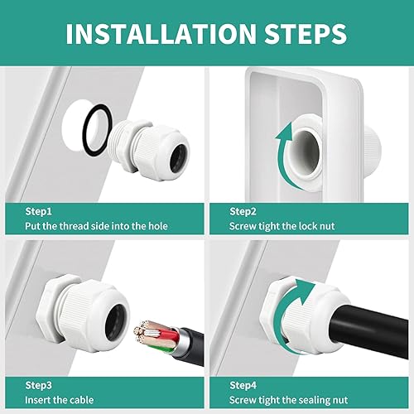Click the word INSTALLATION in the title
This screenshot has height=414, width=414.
tap(161, 34)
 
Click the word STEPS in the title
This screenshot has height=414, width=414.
tap(306, 34)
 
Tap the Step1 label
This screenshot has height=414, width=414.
tap(38, 212)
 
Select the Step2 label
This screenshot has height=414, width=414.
tap(243, 212)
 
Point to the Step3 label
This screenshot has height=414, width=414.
tap(38, 385)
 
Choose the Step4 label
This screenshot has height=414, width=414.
tap(243, 385)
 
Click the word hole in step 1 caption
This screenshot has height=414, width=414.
tap(158, 226)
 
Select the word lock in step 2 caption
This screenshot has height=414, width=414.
tap(307, 226)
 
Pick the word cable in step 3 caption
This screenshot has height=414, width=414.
tap(81, 400)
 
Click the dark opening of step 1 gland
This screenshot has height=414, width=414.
tap(180, 156)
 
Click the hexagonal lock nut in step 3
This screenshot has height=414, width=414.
tap(51, 309)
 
